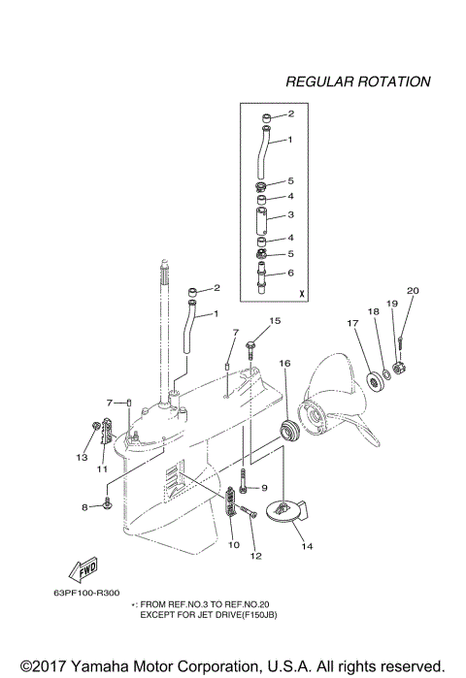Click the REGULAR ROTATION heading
pos(357,81)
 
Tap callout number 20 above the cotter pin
pos(412,291)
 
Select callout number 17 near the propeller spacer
pos(353,324)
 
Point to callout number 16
pos(284,363)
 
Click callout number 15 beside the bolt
pos(275,320)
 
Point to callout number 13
pos(83,457)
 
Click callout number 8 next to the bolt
pos(84,506)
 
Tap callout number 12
pos(256,556)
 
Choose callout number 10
pos(232,545)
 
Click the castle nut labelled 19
pos(398,367)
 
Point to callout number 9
pos(263,488)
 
